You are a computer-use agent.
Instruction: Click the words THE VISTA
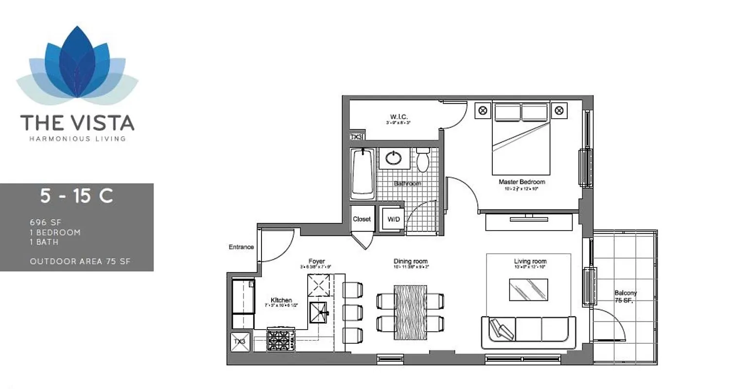pos(77,123)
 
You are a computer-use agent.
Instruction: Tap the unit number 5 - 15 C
pos(77,196)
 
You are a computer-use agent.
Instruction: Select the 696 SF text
pos(46,222)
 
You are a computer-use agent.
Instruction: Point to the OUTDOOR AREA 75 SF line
pos(80,262)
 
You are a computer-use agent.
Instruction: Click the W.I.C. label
pos(398,117)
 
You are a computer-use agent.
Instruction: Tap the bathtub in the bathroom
pos(362,173)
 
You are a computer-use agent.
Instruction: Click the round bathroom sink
pos(394,158)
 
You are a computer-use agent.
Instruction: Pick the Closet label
pos(362,219)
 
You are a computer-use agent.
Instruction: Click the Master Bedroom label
pos(521,182)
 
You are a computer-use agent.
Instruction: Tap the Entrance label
pos(241,247)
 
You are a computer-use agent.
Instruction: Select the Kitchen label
pos(281,300)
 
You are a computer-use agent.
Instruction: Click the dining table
pos(410,312)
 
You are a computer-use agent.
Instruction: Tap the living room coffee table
pos(528,290)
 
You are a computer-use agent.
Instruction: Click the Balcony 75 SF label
pos(625,297)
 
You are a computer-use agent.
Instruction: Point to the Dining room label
pos(410,262)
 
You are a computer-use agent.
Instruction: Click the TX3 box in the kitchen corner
pos(240,341)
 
